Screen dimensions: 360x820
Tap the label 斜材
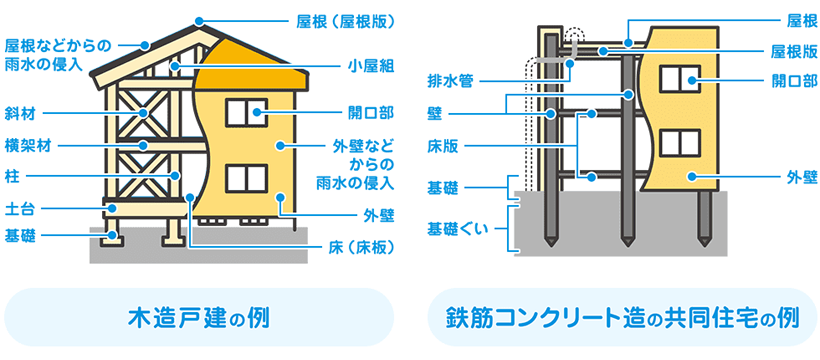pyautogui.click(x=21, y=113)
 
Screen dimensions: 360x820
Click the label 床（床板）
pyautogui.click(x=355, y=246)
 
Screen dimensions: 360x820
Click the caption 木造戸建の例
pyautogui.click(x=200, y=319)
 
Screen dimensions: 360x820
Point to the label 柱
pyautogui.click(x=14, y=175)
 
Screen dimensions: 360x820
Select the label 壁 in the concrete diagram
pyautogui.click(x=435, y=112)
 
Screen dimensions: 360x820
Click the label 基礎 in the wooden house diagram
pyautogui.click(x=21, y=236)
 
